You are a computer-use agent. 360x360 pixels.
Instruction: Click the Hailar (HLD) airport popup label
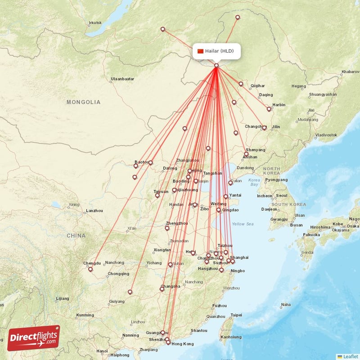tap(220, 51)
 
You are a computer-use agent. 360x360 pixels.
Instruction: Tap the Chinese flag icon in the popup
tap(201, 51)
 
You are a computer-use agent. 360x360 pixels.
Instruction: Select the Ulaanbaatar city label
tap(122, 79)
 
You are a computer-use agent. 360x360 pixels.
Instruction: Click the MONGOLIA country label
tap(84, 102)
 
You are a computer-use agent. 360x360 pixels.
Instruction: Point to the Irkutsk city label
tap(95, 22)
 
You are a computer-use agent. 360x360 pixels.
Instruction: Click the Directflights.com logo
tap(34, 337)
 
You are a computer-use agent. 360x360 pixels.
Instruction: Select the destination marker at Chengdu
tap(90, 269)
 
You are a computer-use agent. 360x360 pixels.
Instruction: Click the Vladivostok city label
tap(326, 135)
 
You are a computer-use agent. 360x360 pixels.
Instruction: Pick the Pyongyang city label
tap(276, 180)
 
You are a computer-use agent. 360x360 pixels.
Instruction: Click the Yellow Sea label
tap(243, 224)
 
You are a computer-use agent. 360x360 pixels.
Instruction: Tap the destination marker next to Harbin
tap(269, 109)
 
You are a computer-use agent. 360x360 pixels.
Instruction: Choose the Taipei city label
tap(236, 315)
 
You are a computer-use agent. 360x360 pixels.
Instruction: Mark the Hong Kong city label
tap(183, 344)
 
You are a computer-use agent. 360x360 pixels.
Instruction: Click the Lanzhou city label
tap(94, 210)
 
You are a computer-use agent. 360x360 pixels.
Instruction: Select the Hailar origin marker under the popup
tap(216, 66)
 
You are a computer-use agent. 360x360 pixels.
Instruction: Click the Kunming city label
tap(85, 315)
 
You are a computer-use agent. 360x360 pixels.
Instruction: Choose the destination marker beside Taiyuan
tap(157, 195)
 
